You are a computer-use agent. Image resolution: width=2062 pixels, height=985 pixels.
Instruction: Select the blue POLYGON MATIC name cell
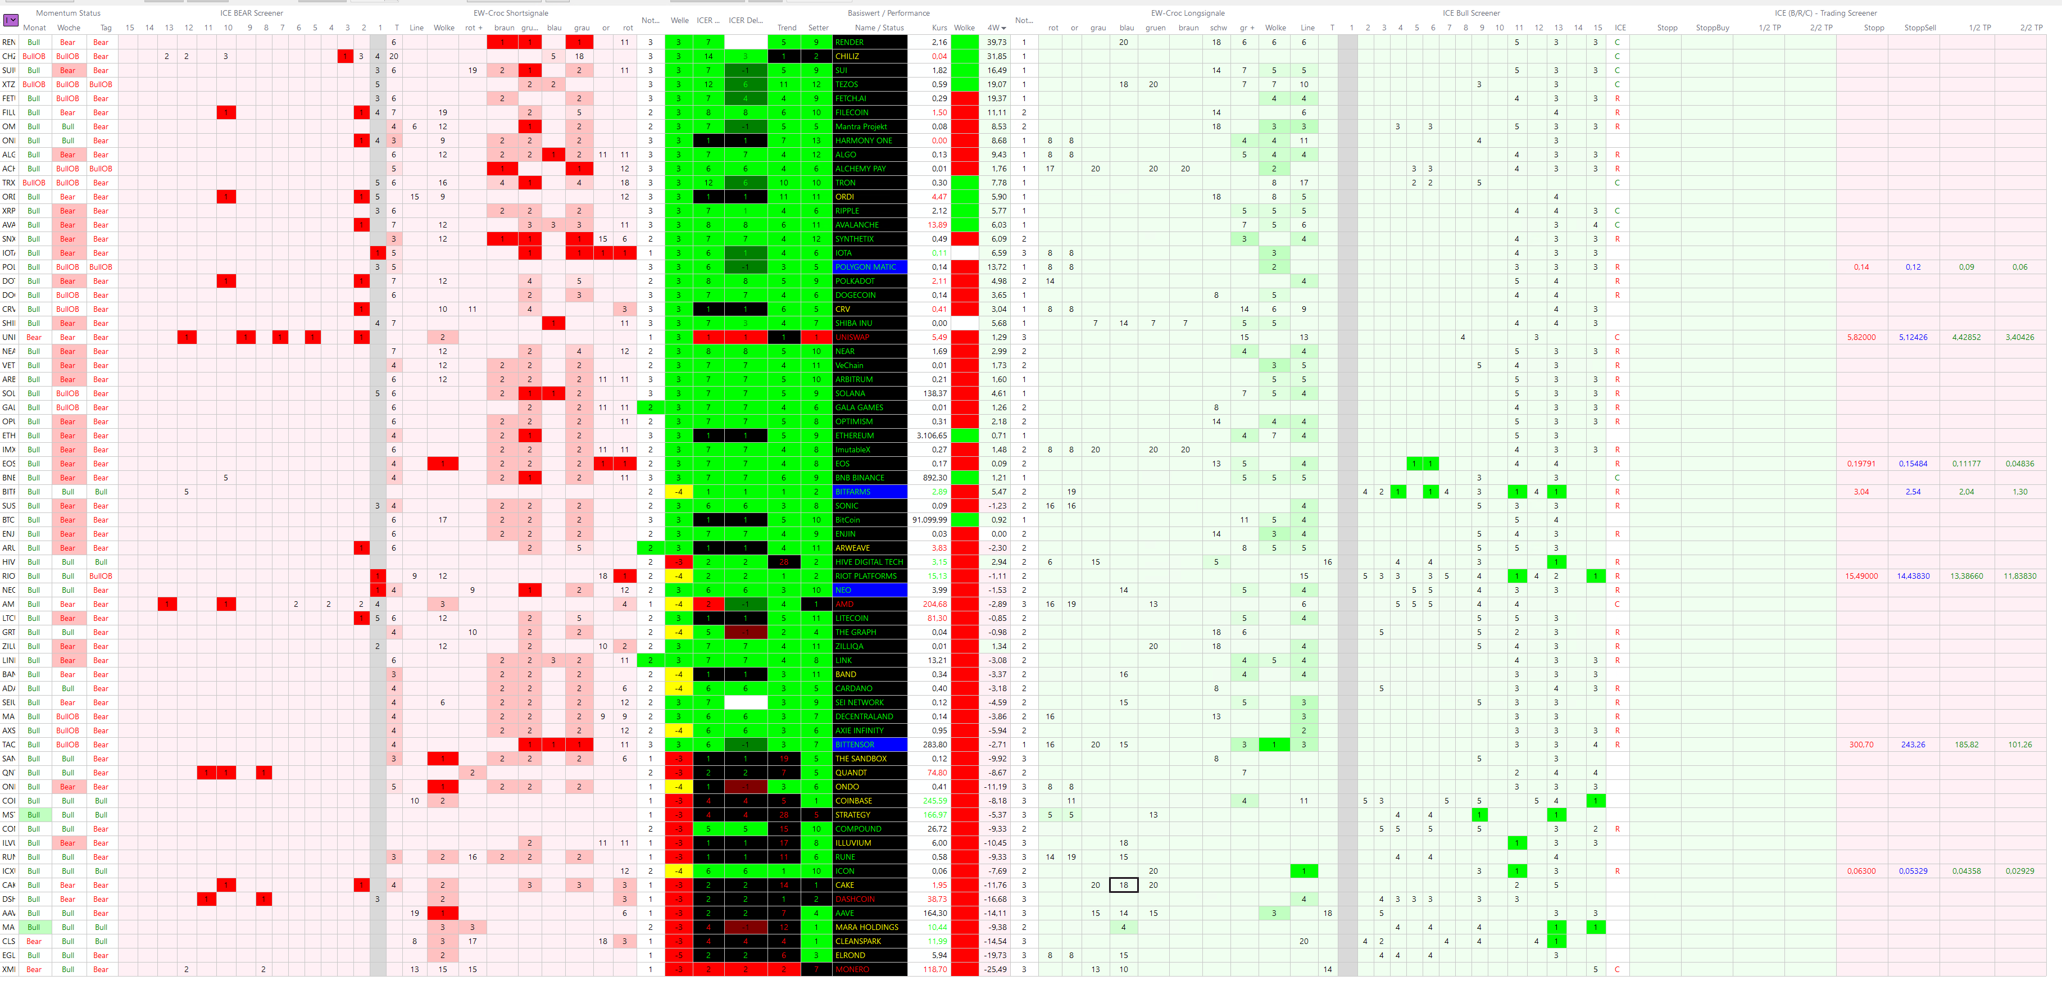click(x=869, y=267)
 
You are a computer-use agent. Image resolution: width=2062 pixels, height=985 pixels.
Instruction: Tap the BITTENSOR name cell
click(x=869, y=745)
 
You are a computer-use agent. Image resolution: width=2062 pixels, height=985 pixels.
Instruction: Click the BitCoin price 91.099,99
click(x=929, y=520)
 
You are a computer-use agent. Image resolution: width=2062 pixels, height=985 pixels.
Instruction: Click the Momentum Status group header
click(x=68, y=13)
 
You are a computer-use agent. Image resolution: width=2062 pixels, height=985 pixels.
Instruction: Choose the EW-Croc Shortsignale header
click(x=511, y=13)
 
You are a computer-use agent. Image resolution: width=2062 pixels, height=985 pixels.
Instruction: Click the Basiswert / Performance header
click(x=888, y=13)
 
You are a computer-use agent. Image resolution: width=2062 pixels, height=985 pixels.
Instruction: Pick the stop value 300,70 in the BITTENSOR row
click(x=1861, y=745)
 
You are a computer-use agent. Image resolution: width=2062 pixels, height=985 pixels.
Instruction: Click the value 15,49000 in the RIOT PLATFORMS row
click(x=1861, y=577)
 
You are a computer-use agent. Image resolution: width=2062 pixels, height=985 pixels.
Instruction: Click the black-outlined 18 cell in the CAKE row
click(x=1123, y=886)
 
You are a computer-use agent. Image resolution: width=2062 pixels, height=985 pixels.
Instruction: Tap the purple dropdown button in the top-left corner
click(x=11, y=19)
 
